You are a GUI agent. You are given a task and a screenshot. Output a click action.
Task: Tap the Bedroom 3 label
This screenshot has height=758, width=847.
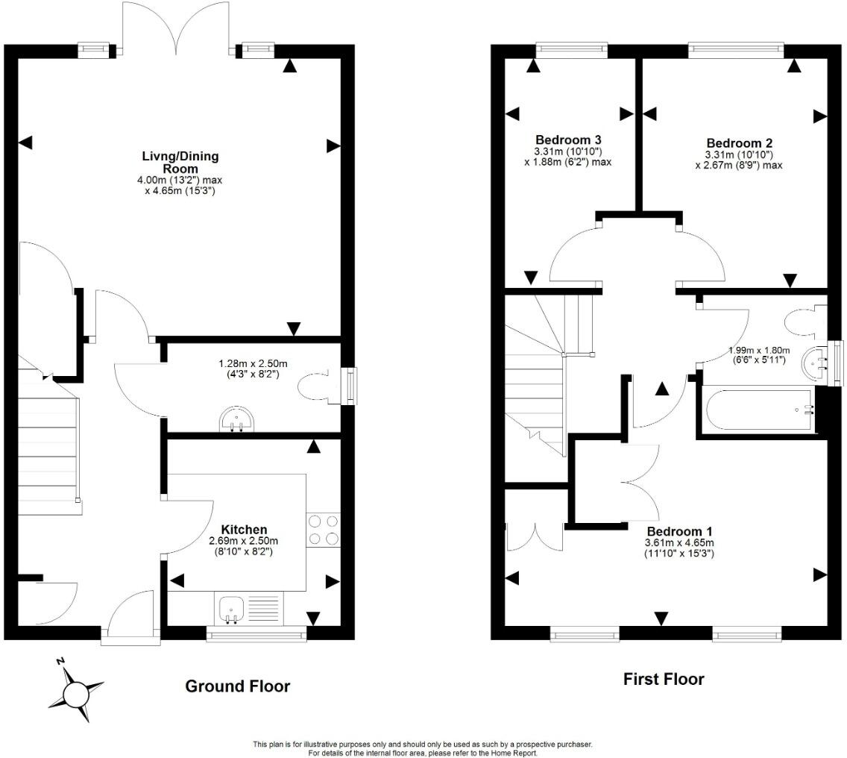point(568,140)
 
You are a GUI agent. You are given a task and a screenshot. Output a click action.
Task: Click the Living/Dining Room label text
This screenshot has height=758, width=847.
point(180,162)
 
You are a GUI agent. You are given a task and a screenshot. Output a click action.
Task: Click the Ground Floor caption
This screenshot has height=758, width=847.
point(237,686)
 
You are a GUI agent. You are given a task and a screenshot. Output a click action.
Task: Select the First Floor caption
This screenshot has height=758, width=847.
point(663,680)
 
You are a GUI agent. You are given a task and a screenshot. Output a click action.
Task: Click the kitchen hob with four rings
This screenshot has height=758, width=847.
point(323,530)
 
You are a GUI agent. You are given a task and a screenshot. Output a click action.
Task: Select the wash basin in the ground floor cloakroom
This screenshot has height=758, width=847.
point(236,422)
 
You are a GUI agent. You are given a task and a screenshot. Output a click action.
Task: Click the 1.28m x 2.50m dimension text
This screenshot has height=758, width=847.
point(252,369)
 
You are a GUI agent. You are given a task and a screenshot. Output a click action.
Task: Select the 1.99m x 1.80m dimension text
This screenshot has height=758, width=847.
point(759,354)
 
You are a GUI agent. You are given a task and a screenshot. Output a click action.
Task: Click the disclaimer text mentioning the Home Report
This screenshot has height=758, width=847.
point(423,749)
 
